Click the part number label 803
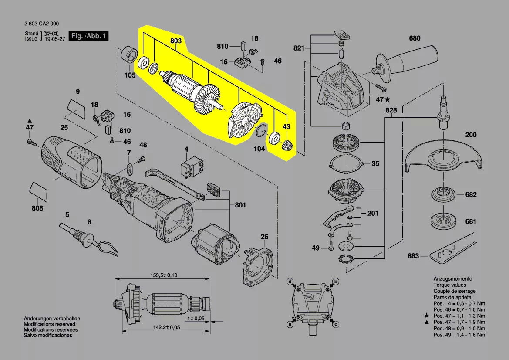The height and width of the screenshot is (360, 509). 175,41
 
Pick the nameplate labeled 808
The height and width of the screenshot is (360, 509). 39,191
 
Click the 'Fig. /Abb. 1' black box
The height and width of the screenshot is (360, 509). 89,36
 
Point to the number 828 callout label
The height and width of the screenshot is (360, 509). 391,111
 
